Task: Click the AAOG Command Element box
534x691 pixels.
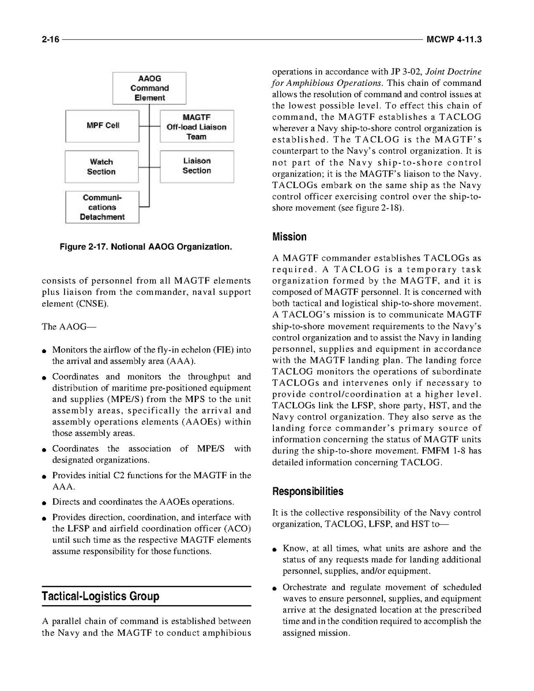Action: [x=149, y=88]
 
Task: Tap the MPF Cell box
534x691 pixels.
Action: [x=102, y=126]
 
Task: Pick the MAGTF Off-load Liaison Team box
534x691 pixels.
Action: [x=196, y=126]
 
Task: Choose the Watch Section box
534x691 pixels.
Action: [x=101, y=167]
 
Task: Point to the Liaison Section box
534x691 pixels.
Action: [x=196, y=166]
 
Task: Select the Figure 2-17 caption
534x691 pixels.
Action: [x=146, y=247]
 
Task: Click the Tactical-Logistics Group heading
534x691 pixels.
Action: [x=100, y=596]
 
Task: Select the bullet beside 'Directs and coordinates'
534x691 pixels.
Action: [x=44, y=502]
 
